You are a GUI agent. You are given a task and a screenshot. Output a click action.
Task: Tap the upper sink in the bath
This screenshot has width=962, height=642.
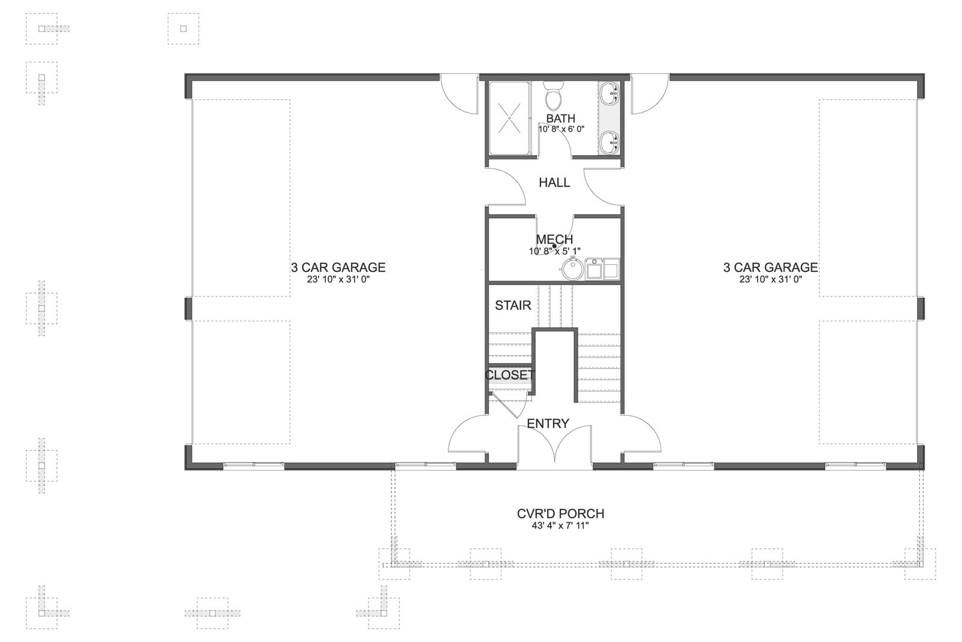(x=610, y=94)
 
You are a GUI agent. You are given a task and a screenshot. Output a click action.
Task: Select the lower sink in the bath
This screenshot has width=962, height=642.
(x=610, y=142)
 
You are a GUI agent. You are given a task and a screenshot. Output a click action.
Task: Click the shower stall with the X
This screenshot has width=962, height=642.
(x=510, y=118)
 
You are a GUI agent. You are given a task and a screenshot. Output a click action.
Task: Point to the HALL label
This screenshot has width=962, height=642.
(x=554, y=183)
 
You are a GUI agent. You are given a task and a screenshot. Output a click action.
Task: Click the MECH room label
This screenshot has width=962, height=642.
(x=554, y=239)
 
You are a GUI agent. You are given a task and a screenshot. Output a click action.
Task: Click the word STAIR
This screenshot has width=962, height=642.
(x=513, y=306)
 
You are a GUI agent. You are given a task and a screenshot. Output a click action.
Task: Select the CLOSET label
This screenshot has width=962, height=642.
(x=510, y=375)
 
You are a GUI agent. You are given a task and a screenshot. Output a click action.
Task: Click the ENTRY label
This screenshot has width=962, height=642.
(x=548, y=424)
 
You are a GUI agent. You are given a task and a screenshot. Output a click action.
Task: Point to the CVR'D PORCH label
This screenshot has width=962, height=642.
(x=560, y=513)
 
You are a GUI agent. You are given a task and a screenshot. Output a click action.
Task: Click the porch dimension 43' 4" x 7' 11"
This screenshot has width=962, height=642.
(x=560, y=525)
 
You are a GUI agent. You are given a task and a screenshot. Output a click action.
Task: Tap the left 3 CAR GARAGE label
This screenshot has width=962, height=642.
(x=339, y=267)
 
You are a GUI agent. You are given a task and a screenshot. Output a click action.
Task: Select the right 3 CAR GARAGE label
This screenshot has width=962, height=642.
(x=770, y=267)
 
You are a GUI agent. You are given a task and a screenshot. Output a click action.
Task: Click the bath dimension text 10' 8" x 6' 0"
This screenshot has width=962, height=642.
(x=562, y=129)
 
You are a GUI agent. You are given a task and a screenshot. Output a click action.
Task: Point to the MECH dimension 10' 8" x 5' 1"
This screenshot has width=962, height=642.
(x=554, y=251)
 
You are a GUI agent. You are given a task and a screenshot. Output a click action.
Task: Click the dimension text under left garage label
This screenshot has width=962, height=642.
(x=339, y=279)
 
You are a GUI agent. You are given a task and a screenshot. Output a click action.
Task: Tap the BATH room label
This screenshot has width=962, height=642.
(x=560, y=118)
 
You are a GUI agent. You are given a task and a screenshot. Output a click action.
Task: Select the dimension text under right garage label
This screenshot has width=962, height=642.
(x=770, y=279)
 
